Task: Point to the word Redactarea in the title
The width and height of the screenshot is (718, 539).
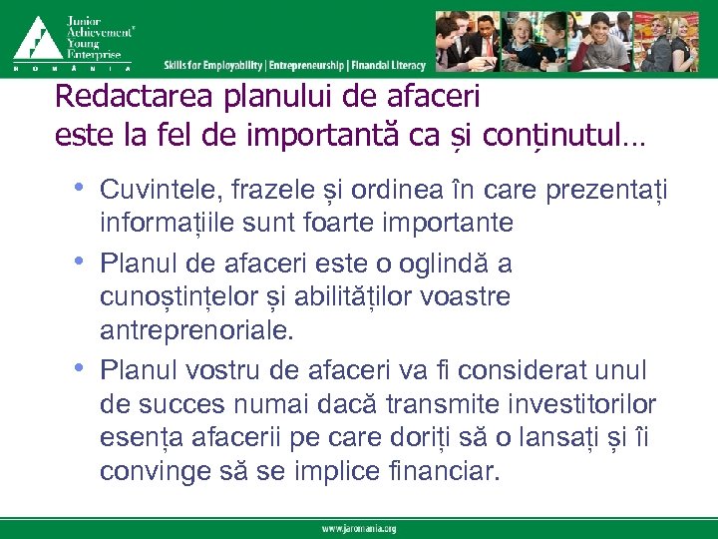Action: click(x=114, y=98)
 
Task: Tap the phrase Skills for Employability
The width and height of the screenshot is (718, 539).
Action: click(x=213, y=66)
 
